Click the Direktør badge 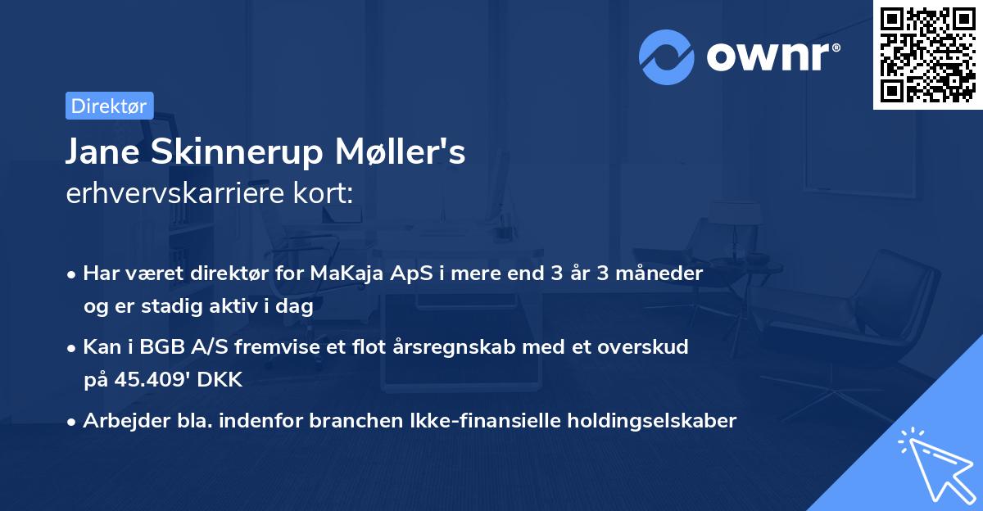[x=109, y=106]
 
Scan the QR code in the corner [x=926, y=54]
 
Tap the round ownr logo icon [x=667, y=57]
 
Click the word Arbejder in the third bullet [x=120, y=421]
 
